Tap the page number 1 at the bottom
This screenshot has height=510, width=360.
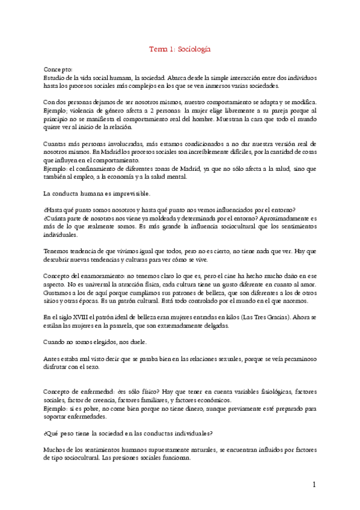(x=314, y=485)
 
